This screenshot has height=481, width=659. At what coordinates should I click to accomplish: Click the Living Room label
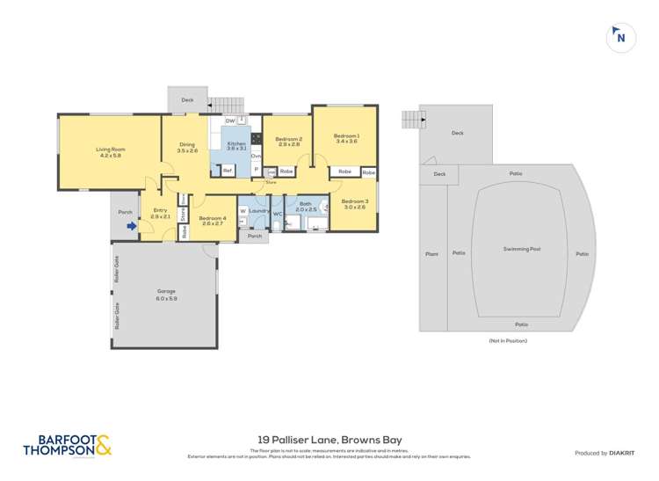[x=111, y=149]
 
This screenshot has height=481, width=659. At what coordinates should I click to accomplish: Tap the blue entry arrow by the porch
[x=131, y=226]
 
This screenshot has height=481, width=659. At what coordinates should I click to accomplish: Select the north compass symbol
[x=620, y=37]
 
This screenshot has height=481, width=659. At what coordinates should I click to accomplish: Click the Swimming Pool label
[x=522, y=249]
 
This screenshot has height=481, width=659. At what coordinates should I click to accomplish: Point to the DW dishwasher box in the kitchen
[x=229, y=120]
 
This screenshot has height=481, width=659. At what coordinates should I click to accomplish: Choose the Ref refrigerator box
[x=227, y=170]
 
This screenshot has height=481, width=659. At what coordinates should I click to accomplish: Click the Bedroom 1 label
[x=345, y=135]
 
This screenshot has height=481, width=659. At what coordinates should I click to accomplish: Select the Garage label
[x=166, y=291]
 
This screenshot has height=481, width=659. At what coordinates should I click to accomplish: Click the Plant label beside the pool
[x=431, y=253]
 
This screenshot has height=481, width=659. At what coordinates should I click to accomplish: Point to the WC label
[x=277, y=213]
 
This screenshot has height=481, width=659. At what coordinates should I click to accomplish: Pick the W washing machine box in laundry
[x=243, y=211]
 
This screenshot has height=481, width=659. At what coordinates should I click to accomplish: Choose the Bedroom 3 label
[x=355, y=200]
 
